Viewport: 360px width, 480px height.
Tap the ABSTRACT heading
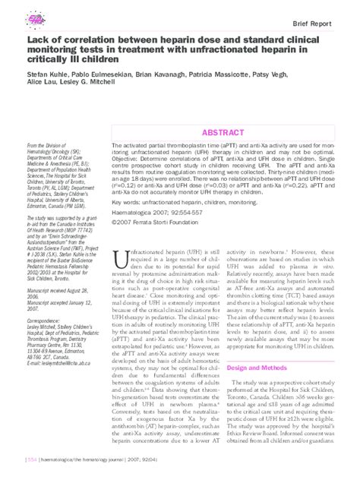pos(223,132)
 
